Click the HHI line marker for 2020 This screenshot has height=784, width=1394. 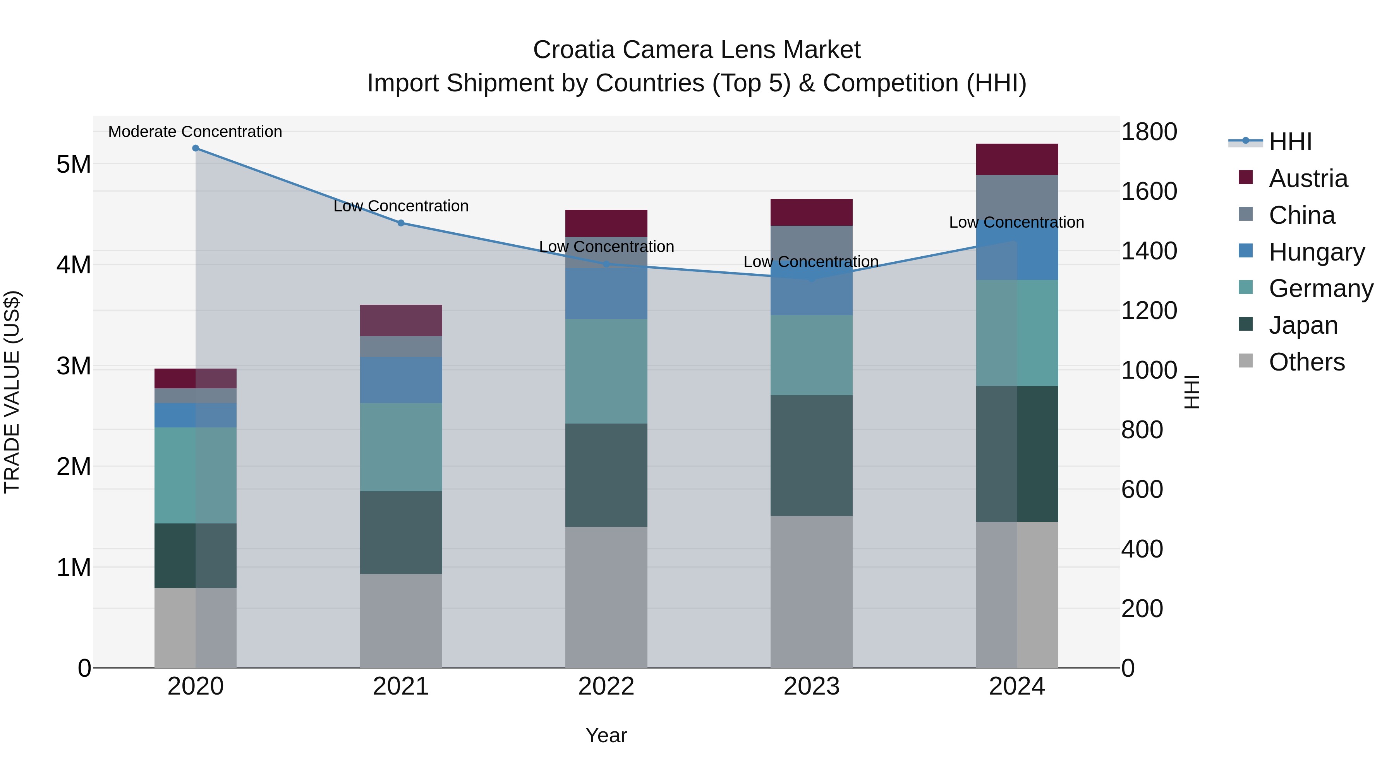tap(196, 148)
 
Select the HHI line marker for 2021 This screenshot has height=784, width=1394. tap(401, 223)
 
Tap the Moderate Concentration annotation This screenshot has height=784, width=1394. tap(196, 132)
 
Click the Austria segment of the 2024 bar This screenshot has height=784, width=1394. tap(1017, 159)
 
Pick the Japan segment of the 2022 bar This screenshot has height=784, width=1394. tap(606, 475)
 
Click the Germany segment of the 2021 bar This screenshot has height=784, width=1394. tap(401, 447)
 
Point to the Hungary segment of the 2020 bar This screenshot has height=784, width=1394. tap(196, 415)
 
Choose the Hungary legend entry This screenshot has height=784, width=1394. tap(1316, 252)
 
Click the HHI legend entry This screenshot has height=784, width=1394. tap(1290, 142)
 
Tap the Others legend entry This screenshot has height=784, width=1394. tap(1306, 362)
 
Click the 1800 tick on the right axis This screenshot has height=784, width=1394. tap(1149, 132)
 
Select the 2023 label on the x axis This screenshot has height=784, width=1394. tap(811, 686)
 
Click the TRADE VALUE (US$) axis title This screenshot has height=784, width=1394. tap(12, 392)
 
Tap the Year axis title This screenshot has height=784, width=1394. tap(606, 735)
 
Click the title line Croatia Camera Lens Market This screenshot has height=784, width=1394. tap(697, 50)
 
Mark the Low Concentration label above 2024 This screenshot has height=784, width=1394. tap(1016, 222)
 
